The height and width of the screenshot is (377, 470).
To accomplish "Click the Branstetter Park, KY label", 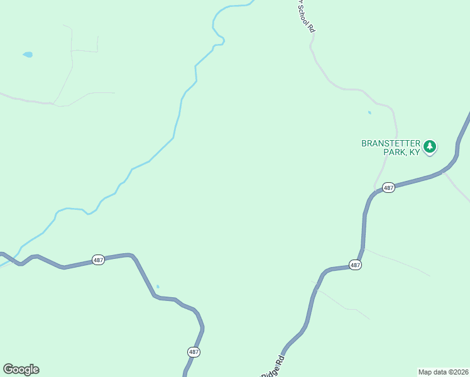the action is [390, 148].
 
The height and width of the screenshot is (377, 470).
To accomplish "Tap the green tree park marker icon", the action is [430, 147].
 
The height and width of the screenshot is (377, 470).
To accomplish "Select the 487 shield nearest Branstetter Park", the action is [388, 187].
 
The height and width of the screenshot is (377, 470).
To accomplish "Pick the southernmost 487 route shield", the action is [194, 352].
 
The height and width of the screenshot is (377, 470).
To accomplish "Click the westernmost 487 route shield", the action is [98, 260].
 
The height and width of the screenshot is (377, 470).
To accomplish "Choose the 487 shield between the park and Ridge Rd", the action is [355, 265].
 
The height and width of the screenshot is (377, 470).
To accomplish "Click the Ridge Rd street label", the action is [274, 366].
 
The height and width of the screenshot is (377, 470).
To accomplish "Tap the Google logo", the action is [21, 369].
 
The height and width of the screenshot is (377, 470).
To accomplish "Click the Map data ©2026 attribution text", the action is [443, 371].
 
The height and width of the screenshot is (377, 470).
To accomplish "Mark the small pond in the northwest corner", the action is [28, 55].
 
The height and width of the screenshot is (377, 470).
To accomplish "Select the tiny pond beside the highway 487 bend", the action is [158, 287].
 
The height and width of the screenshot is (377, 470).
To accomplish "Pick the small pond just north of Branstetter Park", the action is [369, 113].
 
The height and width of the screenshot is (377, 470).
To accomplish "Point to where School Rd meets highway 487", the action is [375, 190].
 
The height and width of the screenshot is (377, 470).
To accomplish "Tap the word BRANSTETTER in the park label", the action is [390, 143].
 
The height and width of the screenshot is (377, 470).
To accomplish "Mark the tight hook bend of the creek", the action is [221, 41].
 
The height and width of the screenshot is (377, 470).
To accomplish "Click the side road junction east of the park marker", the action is [445, 171].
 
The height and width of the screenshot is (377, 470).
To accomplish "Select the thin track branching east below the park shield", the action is [396, 261].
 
